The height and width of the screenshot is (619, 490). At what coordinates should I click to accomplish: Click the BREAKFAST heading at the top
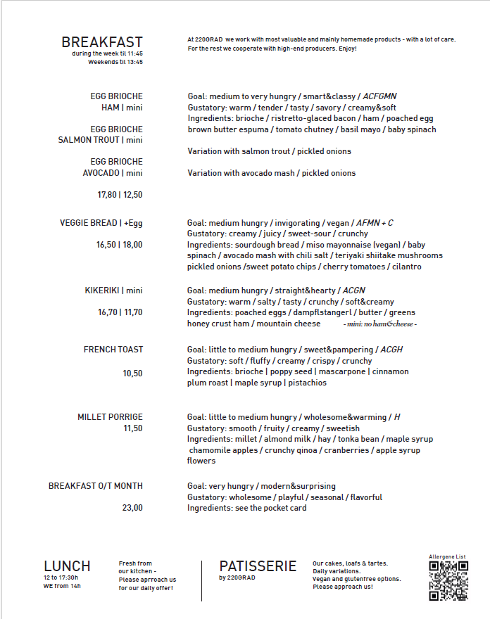click(x=102, y=43)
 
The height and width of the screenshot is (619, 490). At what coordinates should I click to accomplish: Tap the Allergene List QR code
click(x=448, y=581)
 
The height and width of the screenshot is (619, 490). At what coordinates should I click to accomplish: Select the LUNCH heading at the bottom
click(x=67, y=566)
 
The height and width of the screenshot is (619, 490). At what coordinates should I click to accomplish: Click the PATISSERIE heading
click(x=258, y=566)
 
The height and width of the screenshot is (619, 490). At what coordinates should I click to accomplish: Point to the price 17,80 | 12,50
click(x=120, y=195)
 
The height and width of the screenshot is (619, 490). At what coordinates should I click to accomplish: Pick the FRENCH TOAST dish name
click(x=113, y=350)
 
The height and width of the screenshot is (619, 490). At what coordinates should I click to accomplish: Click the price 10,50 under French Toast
click(x=132, y=374)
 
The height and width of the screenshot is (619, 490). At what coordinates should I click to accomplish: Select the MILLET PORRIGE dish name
click(x=110, y=417)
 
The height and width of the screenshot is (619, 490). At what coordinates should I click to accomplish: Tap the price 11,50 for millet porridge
click(x=132, y=428)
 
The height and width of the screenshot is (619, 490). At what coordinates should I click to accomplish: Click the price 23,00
click(x=132, y=508)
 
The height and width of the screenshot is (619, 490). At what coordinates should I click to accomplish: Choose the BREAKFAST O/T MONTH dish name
click(x=96, y=486)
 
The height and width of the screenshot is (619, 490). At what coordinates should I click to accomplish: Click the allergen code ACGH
click(x=391, y=350)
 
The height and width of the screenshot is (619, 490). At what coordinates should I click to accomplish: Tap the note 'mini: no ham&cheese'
click(x=381, y=324)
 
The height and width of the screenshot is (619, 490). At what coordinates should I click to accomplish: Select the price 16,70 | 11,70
click(x=120, y=312)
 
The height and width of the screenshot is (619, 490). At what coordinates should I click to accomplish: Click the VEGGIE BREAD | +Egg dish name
click(x=101, y=223)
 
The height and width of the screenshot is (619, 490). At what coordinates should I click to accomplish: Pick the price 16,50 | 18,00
click(x=120, y=245)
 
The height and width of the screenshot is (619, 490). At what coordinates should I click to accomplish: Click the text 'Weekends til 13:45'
click(x=115, y=62)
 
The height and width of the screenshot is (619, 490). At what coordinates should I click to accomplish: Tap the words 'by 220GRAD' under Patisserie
click(x=237, y=578)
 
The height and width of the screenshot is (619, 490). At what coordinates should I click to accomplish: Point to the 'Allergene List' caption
click(x=448, y=557)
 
